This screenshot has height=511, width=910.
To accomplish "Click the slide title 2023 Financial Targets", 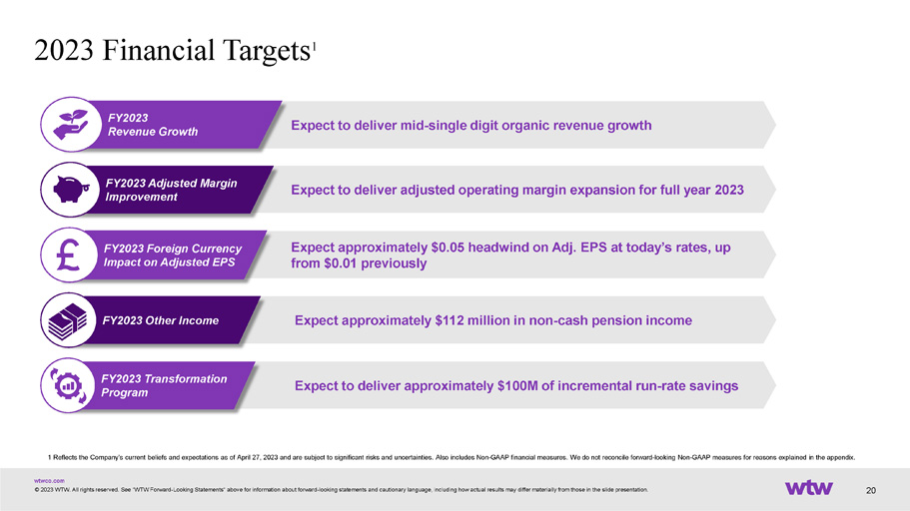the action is click(x=174, y=50).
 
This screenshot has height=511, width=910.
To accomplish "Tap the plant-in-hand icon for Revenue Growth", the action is click(x=70, y=125).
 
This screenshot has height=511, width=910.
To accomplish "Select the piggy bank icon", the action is click(x=71, y=190).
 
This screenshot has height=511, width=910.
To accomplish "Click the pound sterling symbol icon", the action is click(x=69, y=255).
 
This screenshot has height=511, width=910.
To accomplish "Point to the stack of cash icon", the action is click(x=67, y=321).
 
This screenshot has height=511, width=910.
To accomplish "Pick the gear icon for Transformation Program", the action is click(x=69, y=385).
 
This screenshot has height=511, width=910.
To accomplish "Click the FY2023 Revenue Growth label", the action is click(x=153, y=125).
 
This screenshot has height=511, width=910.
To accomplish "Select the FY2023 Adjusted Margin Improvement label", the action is click(x=171, y=190).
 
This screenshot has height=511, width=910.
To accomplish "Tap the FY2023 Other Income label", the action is click(x=161, y=320).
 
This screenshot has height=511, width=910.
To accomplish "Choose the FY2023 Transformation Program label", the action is click(x=164, y=385).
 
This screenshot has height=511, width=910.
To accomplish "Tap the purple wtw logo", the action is click(x=809, y=488).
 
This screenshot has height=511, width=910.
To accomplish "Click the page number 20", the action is click(x=870, y=491).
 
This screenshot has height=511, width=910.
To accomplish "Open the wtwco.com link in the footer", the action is click(x=49, y=481).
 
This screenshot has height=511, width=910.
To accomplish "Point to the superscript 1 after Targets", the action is click(x=314, y=46).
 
